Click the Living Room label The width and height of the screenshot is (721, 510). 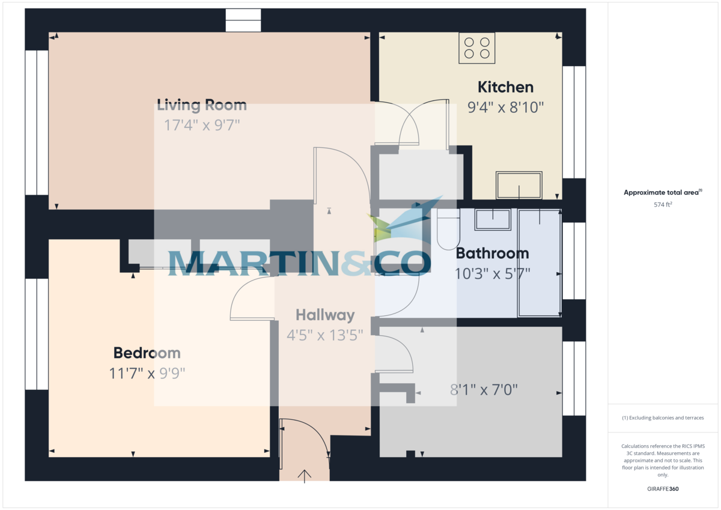(x=202, y=105)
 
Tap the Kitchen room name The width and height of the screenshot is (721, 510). (x=505, y=87)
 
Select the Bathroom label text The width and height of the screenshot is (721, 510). (x=493, y=253)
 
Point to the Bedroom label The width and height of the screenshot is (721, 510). (x=147, y=353)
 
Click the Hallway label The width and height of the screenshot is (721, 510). (x=325, y=315)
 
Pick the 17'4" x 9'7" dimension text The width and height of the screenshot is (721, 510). (x=202, y=125)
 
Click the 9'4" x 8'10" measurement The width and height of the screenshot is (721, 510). (x=505, y=107)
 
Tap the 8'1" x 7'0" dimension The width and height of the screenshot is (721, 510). (x=484, y=390)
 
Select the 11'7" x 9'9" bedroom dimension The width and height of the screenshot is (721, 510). (x=147, y=374)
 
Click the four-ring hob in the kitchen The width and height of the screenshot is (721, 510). (x=476, y=48)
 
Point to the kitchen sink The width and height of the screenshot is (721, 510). (x=519, y=185)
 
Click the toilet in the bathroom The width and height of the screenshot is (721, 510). (x=448, y=229)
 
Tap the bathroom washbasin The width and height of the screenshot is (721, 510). (x=493, y=220)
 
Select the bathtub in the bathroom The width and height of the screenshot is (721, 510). (x=540, y=263)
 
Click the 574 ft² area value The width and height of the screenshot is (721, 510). (x=663, y=204)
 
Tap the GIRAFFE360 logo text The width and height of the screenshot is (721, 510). (x=663, y=489)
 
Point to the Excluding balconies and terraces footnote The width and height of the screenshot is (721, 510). (x=663, y=417)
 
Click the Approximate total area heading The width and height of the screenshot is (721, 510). (x=663, y=192)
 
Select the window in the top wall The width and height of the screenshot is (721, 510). (x=243, y=20)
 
